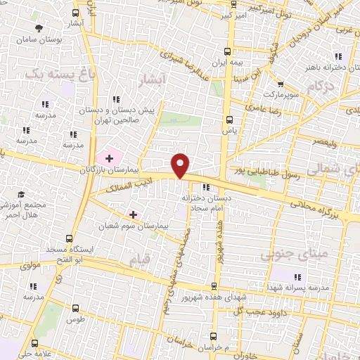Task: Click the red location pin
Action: (x=181, y=165)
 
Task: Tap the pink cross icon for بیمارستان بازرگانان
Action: (x=109, y=157)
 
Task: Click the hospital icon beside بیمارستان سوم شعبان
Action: (x=133, y=214)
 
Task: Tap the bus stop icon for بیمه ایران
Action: (x=226, y=51)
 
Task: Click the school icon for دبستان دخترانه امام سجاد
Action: (x=205, y=187)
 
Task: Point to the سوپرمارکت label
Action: (x=283, y=93)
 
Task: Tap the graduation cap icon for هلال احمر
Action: (x=21, y=194)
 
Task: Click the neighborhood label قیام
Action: (x=139, y=260)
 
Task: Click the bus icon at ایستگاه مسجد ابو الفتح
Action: (x=68, y=238)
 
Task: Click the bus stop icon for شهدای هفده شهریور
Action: (x=214, y=286)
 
